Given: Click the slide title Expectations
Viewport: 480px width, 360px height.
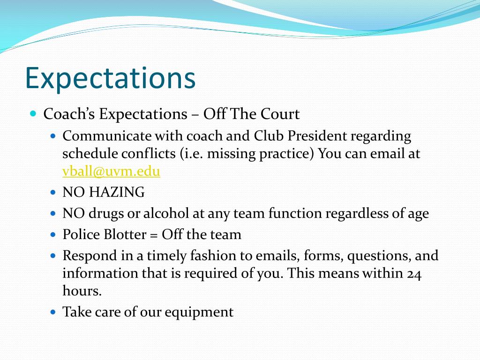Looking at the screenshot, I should coord(110,78).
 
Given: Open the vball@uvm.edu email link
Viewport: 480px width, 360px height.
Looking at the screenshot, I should coord(111,172).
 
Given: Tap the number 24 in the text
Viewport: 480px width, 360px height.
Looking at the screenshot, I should coord(414,273).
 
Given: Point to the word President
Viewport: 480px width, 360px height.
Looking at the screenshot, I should coord(317,136).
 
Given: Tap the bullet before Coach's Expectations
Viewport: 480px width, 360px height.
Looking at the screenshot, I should coord(33,113).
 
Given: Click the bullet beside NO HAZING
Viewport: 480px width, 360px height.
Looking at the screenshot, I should coord(53,192).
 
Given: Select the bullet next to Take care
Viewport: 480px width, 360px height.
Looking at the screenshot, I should coord(53,311).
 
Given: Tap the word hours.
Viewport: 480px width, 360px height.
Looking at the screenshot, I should coord(82,291).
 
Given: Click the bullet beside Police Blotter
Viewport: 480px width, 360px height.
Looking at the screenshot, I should coord(53,234).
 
